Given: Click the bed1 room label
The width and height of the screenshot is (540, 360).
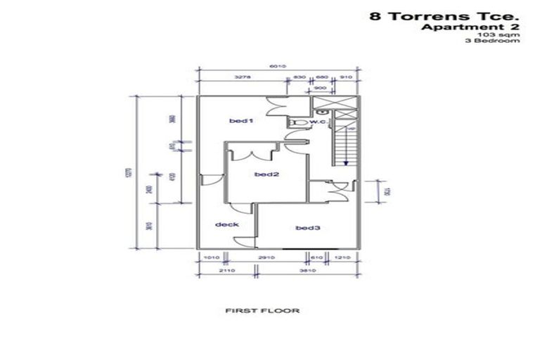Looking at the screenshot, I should click(x=240, y=122).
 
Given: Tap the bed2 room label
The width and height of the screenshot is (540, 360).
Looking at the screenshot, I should click(x=264, y=174).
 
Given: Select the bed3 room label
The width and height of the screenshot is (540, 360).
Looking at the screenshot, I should click(x=308, y=227).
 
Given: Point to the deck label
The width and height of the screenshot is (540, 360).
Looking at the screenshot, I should click(x=227, y=224).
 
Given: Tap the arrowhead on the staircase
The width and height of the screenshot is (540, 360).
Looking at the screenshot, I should click(x=347, y=161).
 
